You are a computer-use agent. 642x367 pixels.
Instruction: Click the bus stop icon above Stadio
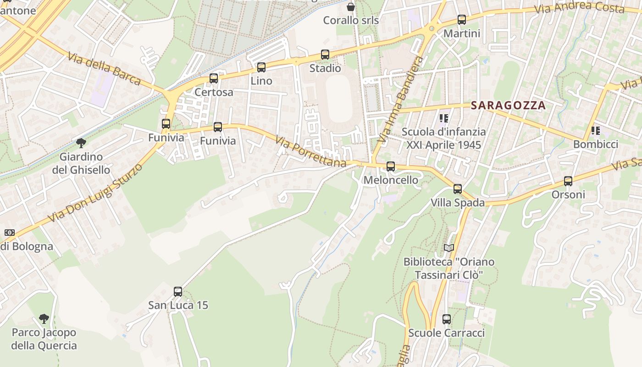(x=325, y=55)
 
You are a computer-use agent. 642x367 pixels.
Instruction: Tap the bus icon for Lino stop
(x=261, y=67)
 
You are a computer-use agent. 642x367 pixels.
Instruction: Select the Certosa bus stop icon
(x=214, y=78)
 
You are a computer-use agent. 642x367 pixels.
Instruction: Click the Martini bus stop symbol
(x=462, y=20)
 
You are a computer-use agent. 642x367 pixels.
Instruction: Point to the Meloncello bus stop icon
(x=391, y=167)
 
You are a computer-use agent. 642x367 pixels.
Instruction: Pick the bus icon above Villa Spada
(x=458, y=189)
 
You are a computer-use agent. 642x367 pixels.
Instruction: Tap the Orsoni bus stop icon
(x=568, y=181)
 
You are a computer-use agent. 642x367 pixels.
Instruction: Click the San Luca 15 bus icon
(x=178, y=291)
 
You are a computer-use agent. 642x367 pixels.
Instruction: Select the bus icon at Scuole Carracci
(x=447, y=319)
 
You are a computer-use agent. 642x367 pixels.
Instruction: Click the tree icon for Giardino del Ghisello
(x=81, y=143)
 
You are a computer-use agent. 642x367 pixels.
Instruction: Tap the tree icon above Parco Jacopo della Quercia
(x=44, y=318)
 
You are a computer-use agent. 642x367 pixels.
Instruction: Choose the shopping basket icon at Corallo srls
(x=351, y=7)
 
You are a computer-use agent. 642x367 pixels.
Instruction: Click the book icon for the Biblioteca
(x=449, y=248)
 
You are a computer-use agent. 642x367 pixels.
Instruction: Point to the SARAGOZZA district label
(x=508, y=105)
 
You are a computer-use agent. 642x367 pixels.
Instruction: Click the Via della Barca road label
(x=104, y=69)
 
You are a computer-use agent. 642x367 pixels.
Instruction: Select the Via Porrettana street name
(x=310, y=151)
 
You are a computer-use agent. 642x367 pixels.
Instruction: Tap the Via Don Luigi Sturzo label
(x=95, y=193)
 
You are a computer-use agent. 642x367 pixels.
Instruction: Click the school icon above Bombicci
(x=596, y=131)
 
